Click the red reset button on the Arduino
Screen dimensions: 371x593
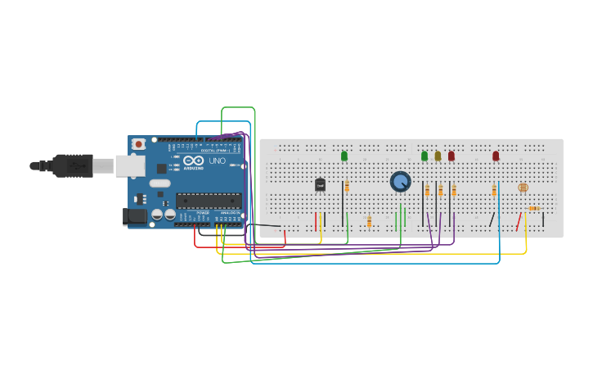pyautogui.click(x=139, y=144)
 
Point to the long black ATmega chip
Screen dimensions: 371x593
pyautogui.click(x=209, y=201)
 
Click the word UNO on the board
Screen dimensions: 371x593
pyautogui.click(x=217, y=161)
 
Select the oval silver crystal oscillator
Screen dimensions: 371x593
pyautogui.click(x=160, y=183)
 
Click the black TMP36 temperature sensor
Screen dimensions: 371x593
pyautogui.click(x=320, y=185)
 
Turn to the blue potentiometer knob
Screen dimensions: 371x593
pyautogui.click(x=400, y=181)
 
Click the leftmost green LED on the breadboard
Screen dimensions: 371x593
pyautogui.click(x=344, y=156)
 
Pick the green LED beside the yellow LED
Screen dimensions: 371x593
pyautogui.click(x=425, y=156)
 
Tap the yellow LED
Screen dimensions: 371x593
pyautogui.click(x=438, y=156)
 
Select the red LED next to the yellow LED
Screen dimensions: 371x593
pyautogui.click(x=451, y=156)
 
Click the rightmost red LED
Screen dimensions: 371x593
pyautogui.click(x=496, y=156)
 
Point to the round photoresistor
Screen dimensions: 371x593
pyautogui.click(x=523, y=188)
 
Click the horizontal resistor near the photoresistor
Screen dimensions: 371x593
pyautogui.click(x=533, y=208)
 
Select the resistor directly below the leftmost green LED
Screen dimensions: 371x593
pyautogui.click(x=347, y=187)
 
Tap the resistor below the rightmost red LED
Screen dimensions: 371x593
pyautogui.click(x=494, y=190)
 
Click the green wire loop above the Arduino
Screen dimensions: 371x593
pyautogui.click(x=238, y=107)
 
